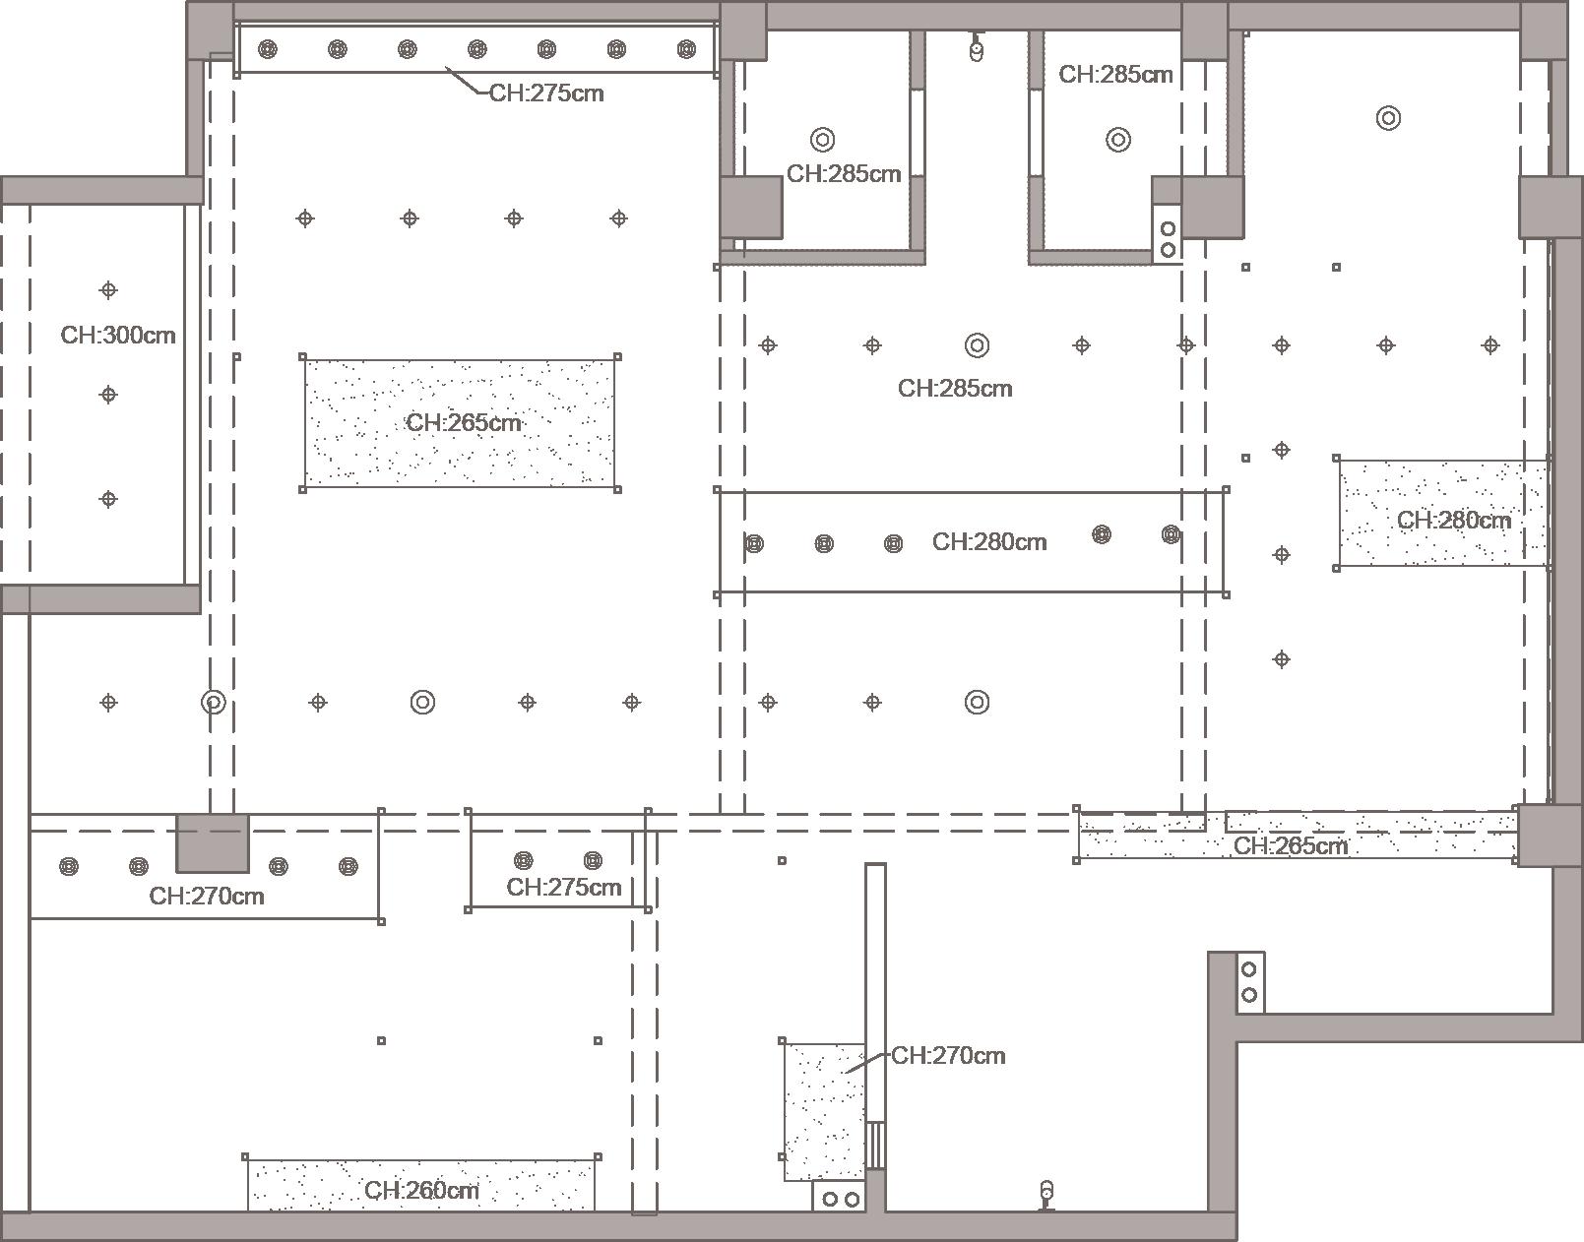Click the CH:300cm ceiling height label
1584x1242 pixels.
point(118,335)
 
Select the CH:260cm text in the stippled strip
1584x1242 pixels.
point(421,1190)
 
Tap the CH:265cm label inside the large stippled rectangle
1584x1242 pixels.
point(463,422)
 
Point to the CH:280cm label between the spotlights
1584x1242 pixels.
point(989,542)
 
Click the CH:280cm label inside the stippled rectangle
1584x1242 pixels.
point(1453,520)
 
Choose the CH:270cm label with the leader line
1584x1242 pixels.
point(948,1056)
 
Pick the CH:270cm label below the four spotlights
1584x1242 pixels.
point(207,896)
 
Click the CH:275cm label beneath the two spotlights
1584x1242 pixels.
point(563,888)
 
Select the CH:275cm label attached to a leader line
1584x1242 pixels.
point(546,93)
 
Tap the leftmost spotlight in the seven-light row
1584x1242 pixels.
point(268,49)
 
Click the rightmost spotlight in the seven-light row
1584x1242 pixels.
point(687,49)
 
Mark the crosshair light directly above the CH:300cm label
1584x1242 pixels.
point(108,290)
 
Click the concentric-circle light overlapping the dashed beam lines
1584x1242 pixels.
point(214,703)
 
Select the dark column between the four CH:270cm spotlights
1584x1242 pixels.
point(213,843)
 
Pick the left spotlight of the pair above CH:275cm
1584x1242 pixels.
point(524,860)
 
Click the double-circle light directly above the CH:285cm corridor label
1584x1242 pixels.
point(977,345)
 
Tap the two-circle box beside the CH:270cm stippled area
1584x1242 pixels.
point(841,1199)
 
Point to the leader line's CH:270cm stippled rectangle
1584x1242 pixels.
point(825,1112)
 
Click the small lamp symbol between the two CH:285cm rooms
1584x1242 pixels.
point(976,48)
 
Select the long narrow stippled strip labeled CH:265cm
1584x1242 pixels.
point(1298,836)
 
